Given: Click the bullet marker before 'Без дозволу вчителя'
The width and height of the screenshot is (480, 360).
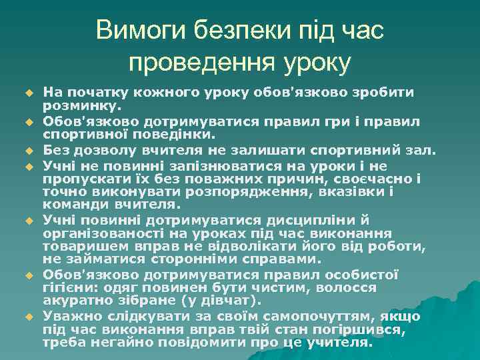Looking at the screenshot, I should point(30,149).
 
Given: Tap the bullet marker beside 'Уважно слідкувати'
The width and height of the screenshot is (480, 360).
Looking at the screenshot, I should point(30,316).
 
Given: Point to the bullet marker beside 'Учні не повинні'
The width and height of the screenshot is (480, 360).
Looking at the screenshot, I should point(30,165).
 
